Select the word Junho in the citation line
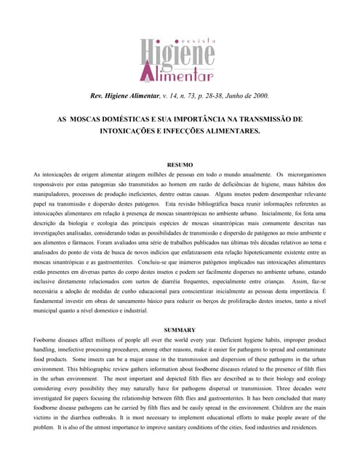[x=231, y=95]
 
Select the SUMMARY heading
[x=180, y=331]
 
